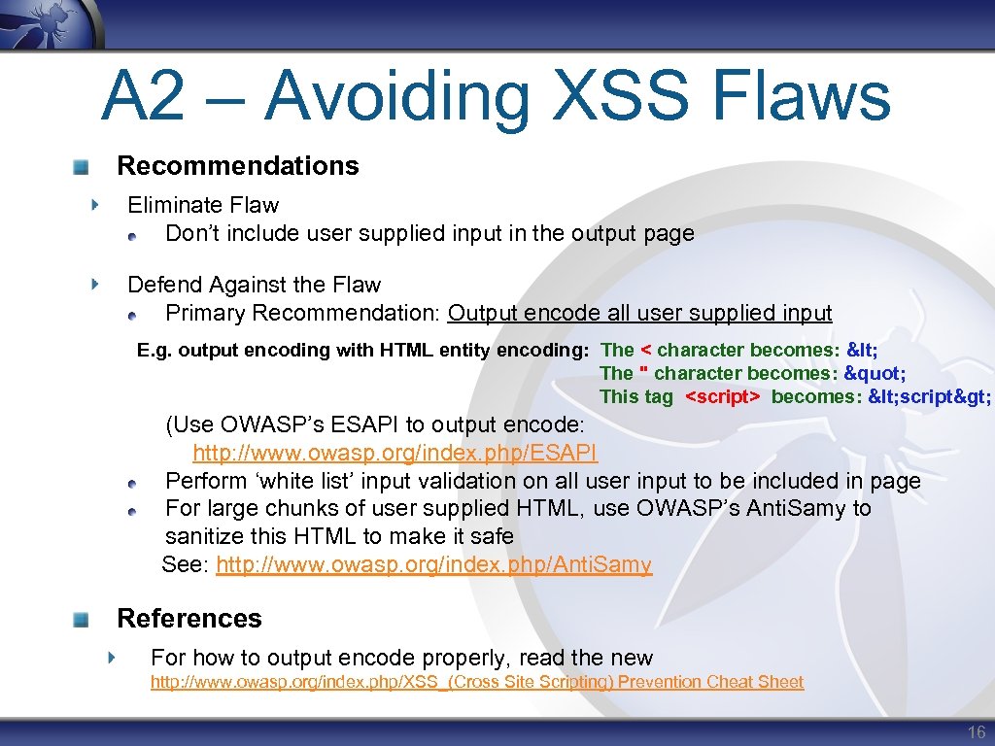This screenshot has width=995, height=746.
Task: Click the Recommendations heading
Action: (238, 166)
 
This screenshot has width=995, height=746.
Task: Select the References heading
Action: (189, 619)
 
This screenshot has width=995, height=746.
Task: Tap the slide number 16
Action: (976, 732)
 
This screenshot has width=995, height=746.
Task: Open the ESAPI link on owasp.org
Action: (395, 453)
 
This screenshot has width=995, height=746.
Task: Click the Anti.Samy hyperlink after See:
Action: (433, 564)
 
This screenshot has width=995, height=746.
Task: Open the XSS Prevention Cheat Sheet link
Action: (476, 682)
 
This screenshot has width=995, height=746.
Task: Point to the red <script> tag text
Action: (723, 396)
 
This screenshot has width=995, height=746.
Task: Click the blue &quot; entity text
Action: (876, 373)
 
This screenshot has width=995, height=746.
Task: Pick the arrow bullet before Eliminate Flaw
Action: (93, 205)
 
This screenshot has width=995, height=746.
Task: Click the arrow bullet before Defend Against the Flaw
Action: (93, 285)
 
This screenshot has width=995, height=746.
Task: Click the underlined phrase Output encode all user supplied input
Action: (639, 313)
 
